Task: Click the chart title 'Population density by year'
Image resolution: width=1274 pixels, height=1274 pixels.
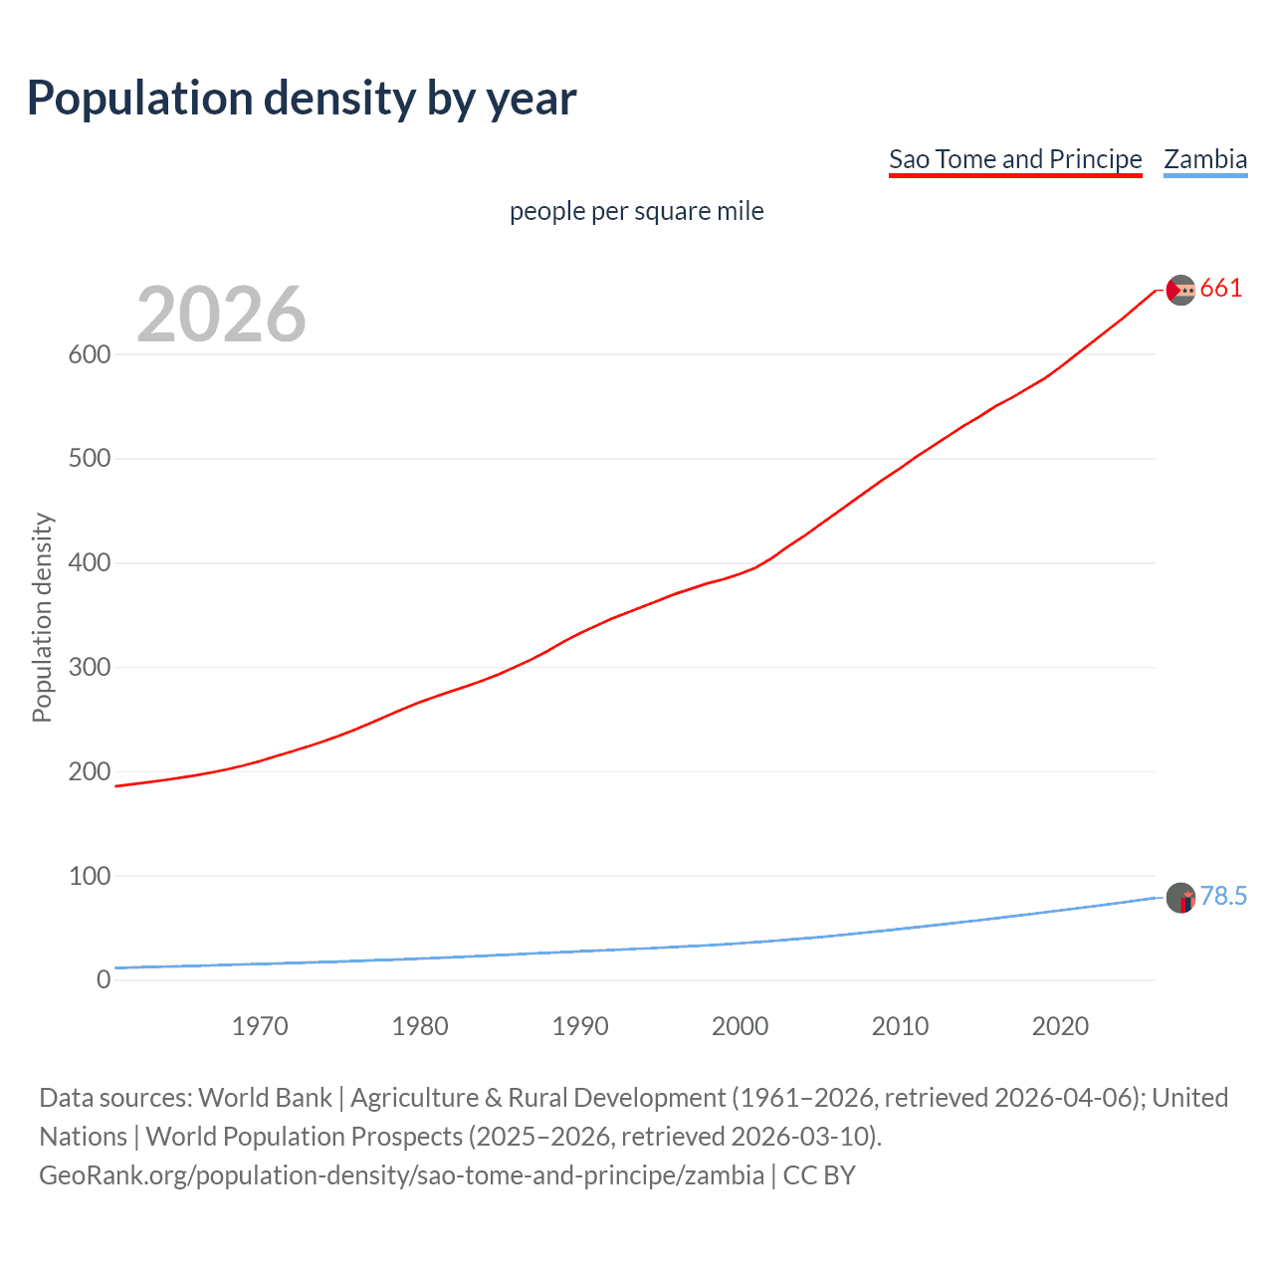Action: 302,99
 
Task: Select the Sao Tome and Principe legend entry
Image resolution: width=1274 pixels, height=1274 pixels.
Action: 1015,159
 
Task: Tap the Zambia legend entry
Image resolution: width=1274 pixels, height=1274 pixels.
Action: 1205,159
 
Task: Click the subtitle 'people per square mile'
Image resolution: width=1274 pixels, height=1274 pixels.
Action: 636,211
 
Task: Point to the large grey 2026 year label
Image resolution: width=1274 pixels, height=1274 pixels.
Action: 221,315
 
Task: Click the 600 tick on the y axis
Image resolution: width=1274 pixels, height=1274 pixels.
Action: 89,354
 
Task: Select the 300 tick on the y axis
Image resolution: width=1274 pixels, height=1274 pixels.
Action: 89,667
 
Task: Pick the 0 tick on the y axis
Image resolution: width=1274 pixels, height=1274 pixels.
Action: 104,979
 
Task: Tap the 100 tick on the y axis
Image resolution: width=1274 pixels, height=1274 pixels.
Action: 89,876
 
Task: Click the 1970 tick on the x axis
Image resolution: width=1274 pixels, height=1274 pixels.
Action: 260,1026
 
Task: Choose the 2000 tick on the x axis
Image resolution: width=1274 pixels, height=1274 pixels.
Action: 740,1026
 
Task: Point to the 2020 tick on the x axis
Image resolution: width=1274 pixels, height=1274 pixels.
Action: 1060,1026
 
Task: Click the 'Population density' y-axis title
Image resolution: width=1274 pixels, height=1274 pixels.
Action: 42,617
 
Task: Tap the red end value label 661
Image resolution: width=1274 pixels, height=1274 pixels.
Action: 1221,289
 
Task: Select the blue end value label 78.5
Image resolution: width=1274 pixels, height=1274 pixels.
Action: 1223,897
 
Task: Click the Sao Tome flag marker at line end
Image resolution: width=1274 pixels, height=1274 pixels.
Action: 1180,290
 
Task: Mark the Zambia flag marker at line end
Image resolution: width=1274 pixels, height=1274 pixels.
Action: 1180,898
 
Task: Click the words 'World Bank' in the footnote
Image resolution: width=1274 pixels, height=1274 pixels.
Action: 265,1098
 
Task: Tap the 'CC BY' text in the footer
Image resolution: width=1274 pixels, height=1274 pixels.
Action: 819,1175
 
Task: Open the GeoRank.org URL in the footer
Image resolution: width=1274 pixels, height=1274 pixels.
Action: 401,1175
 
